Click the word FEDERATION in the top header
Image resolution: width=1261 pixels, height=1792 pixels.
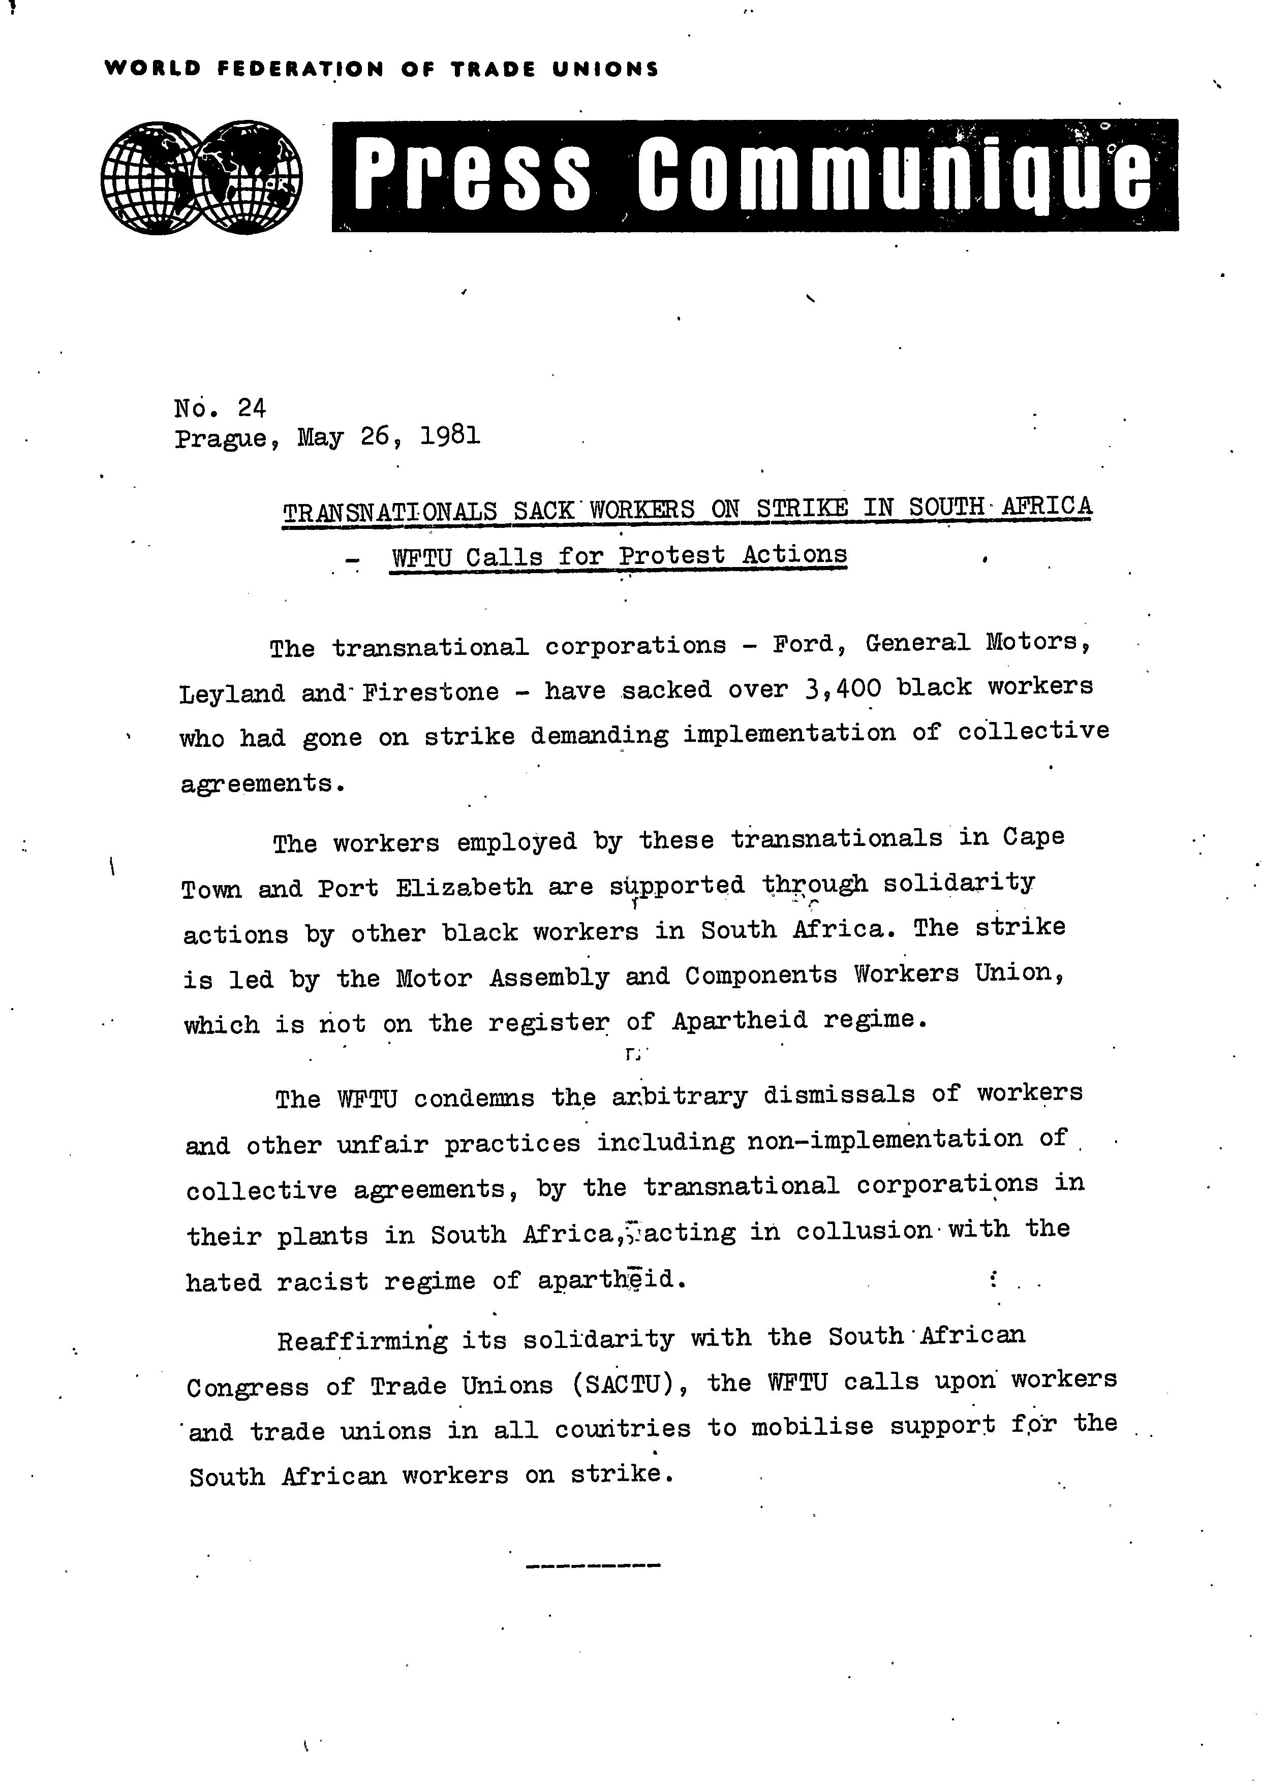click(300, 70)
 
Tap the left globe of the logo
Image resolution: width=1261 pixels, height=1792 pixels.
click(152, 177)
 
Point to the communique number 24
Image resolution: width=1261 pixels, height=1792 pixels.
click(252, 408)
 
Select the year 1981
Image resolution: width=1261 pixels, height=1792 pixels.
click(450, 435)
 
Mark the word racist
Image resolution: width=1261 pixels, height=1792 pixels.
click(322, 1281)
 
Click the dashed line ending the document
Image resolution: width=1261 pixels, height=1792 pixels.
click(594, 1565)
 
